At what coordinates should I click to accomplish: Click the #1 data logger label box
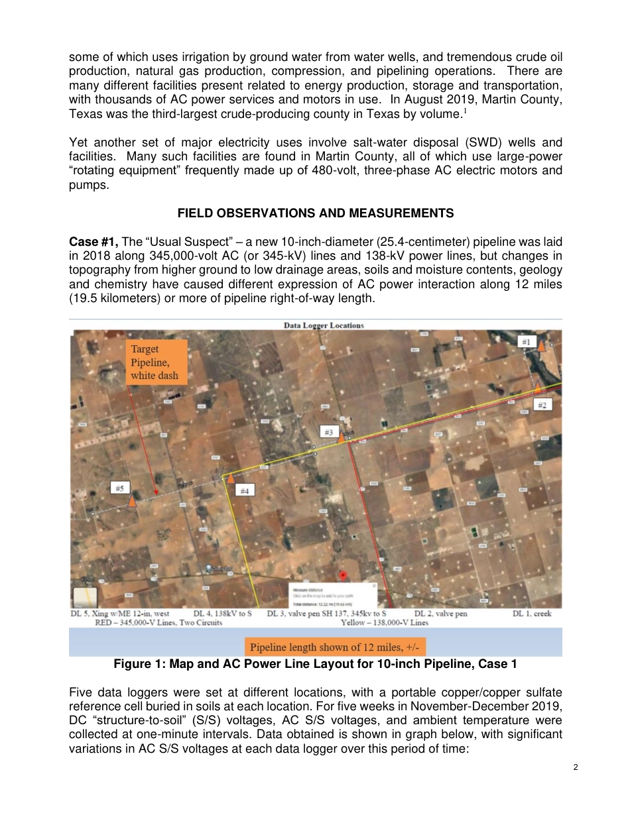coord(526,342)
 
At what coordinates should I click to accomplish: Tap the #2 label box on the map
coord(542,405)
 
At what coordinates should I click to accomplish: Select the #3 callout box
coord(328,432)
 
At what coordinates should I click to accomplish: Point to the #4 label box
coord(244,491)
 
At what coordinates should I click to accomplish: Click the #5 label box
coord(120,488)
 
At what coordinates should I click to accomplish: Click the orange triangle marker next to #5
coord(133,501)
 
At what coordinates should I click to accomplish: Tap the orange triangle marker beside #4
coord(230,478)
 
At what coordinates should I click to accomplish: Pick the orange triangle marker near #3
coord(341,437)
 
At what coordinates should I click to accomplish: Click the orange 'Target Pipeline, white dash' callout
coord(154,362)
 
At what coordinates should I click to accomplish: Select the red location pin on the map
coord(343,576)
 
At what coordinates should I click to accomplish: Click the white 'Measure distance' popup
coord(333,594)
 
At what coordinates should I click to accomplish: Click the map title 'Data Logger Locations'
coord(324,325)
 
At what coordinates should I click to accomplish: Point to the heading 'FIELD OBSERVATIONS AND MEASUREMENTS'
coord(316,213)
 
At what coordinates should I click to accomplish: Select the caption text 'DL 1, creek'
coord(532,614)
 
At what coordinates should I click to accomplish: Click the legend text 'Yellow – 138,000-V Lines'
coord(385,623)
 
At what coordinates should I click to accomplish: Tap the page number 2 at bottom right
coord(576,767)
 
